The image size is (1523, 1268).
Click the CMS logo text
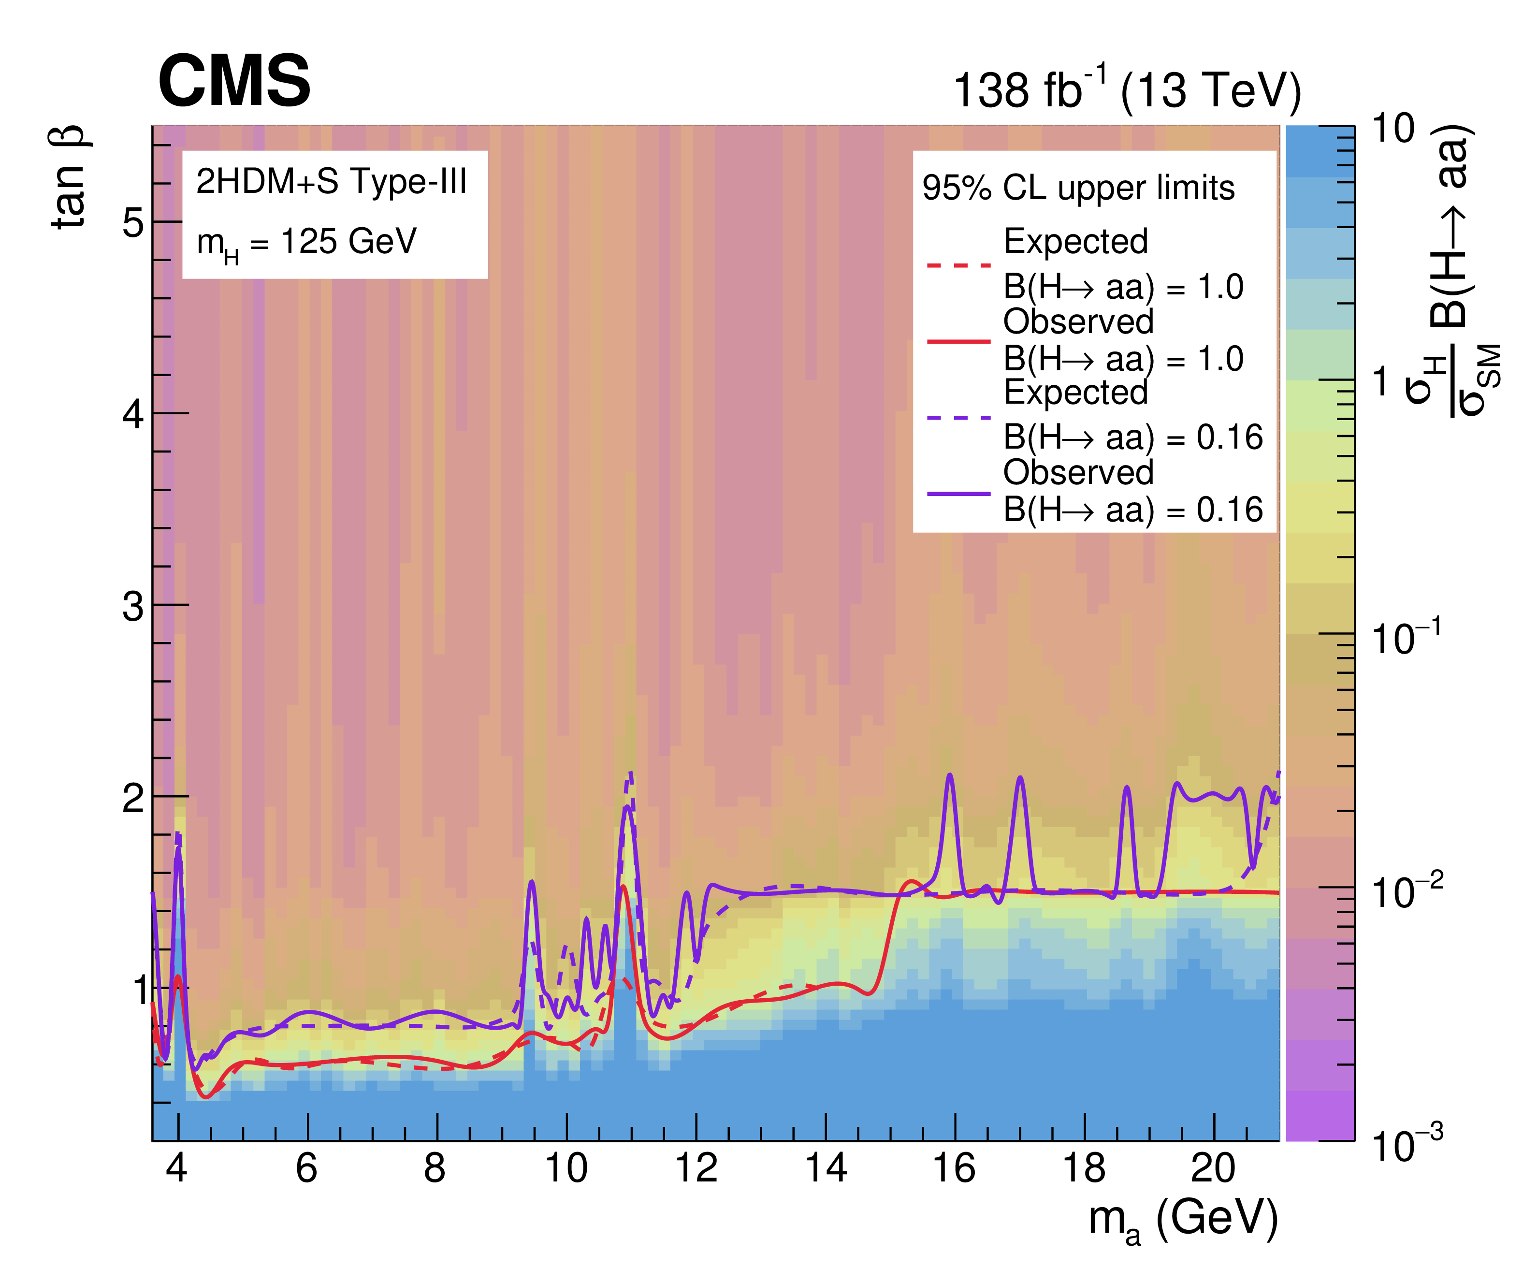(x=234, y=81)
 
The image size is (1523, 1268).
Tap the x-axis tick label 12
(x=696, y=1168)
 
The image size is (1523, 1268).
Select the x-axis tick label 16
(x=955, y=1168)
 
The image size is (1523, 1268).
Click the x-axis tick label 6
(x=307, y=1168)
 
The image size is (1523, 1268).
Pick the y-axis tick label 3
(x=133, y=606)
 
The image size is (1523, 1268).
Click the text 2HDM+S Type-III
(x=332, y=181)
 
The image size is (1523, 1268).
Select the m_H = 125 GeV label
(x=307, y=243)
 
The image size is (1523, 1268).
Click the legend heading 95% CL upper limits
(x=1078, y=188)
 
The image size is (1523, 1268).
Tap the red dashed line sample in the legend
(x=959, y=265)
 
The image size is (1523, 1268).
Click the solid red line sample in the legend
(x=959, y=340)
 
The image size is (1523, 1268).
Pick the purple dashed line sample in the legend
(x=959, y=418)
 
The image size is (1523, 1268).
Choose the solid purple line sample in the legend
(x=959, y=493)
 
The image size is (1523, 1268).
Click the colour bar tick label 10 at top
(x=1393, y=129)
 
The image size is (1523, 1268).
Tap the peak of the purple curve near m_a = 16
(x=950, y=775)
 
